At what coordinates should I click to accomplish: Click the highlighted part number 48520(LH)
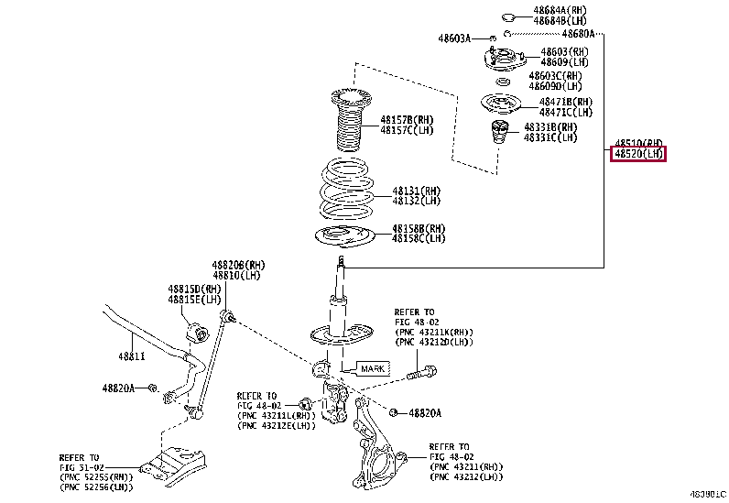click(639, 154)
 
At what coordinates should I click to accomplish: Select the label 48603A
click(454, 38)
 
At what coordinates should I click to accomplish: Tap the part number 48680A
click(577, 34)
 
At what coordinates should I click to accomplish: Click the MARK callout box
click(373, 368)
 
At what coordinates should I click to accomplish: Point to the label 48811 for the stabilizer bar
click(131, 355)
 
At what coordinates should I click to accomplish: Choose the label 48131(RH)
click(417, 190)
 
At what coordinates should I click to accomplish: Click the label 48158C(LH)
click(419, 238)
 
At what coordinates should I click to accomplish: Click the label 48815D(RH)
click(194, 288)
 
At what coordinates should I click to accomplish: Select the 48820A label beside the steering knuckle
click(424, 413)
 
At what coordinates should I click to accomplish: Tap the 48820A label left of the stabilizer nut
click(118, 388)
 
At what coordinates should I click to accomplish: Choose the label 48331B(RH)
click(550, 126)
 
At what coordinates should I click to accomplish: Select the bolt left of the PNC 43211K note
click(420, 373)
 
